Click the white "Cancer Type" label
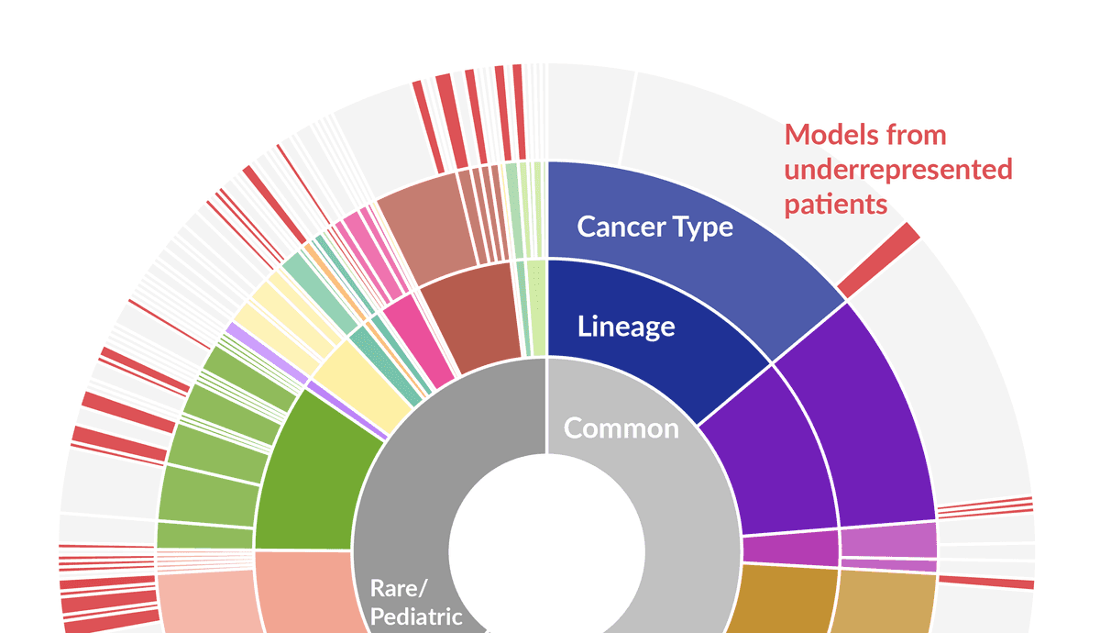[654, 227]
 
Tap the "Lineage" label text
[626, 326]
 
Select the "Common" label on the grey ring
[621, 428]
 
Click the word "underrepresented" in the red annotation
[898, 170]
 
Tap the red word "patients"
[836, 204]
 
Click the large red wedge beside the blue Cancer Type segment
[878, 260]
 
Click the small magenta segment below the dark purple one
[790, 549]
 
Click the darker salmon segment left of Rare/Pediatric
[302, 592]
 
